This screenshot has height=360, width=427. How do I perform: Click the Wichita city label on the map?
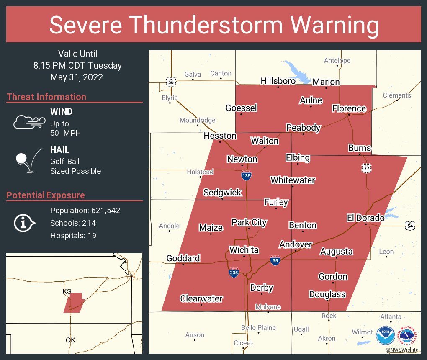click(x=244, y=250)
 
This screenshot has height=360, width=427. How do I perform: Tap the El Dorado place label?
click(x=365, y=218)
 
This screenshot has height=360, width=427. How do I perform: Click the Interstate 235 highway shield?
click(x=234, y=273)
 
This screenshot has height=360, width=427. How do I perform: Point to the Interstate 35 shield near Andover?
click(x=275, y=261)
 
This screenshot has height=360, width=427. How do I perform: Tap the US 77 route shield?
click(x=367, y=168)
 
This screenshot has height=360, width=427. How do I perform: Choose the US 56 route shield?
click(x=170, y=82)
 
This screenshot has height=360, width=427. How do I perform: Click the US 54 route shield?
click(x=410, y=226)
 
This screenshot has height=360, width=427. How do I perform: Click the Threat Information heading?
click(x=46, y=97)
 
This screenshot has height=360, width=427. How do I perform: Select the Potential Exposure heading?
click(x=46, y=195)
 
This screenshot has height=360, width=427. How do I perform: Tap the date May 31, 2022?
click(x=77, y=77)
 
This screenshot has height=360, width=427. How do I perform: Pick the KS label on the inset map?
click(x=67, y=291)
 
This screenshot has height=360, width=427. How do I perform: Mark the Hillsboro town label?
click(x=278, y=81)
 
